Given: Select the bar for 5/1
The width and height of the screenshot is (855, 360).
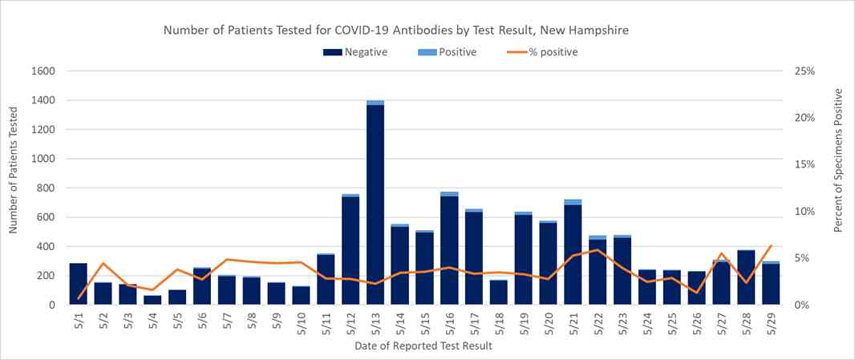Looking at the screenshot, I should click(79, 284).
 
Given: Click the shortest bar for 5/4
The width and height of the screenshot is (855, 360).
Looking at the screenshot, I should click(152, 300).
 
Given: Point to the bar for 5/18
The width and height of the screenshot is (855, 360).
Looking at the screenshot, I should click(498, 293).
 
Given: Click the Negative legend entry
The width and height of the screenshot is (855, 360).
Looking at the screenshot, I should click(355, 52).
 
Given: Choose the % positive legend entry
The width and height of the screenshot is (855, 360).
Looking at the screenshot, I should click(543, 52).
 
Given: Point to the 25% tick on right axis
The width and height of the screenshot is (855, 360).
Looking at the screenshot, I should click(804, 71).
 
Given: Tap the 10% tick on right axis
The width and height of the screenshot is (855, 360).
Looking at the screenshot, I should click(804, 212).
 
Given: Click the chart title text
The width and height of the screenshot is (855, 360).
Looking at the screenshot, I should click(395, 30).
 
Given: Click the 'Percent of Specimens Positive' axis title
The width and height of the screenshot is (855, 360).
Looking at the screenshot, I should click(838, 160).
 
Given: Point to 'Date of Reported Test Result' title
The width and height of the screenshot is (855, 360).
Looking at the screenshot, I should click(423, 346).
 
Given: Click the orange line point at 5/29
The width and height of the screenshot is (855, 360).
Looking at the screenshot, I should click(771, 245).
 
